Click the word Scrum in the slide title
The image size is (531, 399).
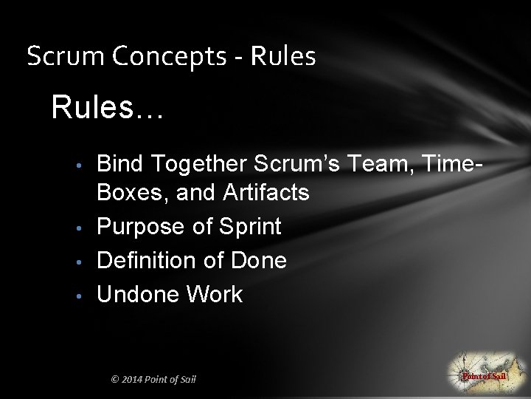point(56,56)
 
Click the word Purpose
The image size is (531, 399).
point(141,227)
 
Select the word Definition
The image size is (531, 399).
point(150,260)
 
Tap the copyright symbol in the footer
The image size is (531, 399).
point(114,380)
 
